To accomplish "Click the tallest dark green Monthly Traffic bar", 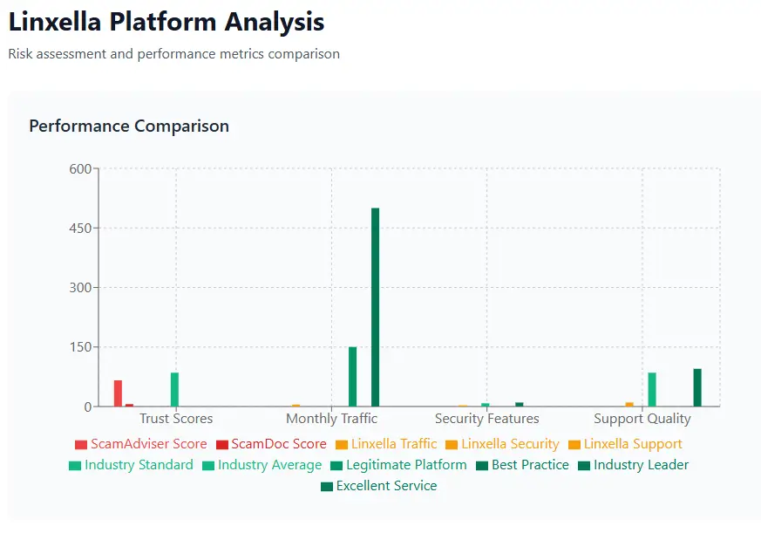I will pyautogui.click(x=376, y=307).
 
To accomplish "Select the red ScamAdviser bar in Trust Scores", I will pyautogui.click(x=118, y=393).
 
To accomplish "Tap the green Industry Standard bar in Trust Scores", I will pyautogui.click(x=174, y=389).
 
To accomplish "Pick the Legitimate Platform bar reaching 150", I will pyautogui.click(x=353, y=377).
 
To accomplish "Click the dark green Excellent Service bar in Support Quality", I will pyautogui.click(x=697, y=387).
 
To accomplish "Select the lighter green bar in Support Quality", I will pyautogui.click(x=652, y=389).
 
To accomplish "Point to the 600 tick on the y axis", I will pyautogui.click(x=80, y=169).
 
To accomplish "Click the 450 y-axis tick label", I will pyautogui.click(x=80, y=229).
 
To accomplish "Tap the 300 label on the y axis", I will pyautogui.click(x=80, y=288).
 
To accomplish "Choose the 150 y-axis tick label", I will pyautogui.click(x=80, y=347).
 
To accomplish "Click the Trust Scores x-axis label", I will pyautogui.click(x=175, y=419).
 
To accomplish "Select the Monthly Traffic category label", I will pyautogui.click(x=331, y=419).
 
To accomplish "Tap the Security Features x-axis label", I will pyautogui.click(x=486, y=419).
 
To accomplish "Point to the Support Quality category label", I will pyautogui.click(x=642, y=419).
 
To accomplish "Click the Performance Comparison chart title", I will pyautogui.click(x=129, y=126).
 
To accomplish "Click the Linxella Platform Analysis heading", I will pyautogui.click(x=166, y=22).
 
